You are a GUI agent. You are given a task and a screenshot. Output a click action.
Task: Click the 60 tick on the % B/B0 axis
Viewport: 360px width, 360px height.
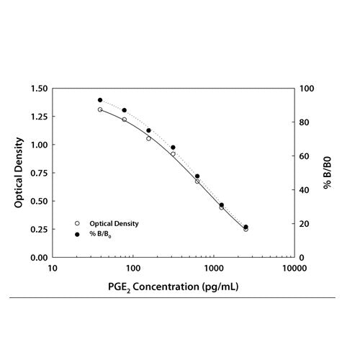(x=307, y=156)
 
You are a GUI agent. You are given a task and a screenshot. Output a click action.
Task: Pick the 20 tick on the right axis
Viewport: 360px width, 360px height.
(x=307, y=224)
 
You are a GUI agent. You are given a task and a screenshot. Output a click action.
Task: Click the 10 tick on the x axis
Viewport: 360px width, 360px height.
(x=53, y=269)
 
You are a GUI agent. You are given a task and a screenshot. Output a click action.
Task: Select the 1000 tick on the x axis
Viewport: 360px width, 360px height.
(x=214, y=269)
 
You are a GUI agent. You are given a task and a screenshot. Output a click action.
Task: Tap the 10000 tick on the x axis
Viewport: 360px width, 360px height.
(x=293, y=269)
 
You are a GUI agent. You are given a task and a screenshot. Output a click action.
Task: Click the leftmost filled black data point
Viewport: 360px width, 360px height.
(x=100, y=100)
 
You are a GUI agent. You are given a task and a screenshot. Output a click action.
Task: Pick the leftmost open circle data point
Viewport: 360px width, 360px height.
(x=100, y=109)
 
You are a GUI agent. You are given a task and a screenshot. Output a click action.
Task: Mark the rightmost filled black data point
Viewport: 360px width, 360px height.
(x=246, y=227)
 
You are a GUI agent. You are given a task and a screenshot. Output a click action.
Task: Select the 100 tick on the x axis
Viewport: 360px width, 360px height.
(x=133, y=269)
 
